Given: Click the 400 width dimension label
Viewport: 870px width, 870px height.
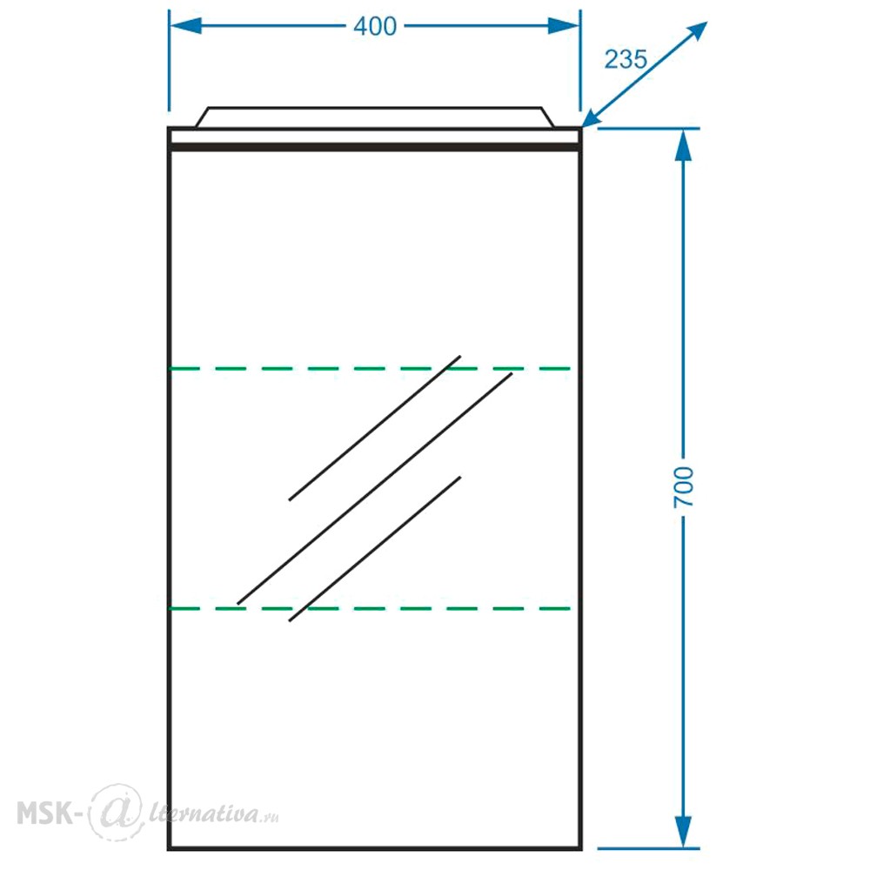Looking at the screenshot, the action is click(x=375, y=27).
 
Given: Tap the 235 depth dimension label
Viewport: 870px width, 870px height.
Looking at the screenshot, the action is click(x=626, y=59).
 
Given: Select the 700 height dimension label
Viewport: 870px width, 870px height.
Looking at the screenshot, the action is click(x=684, y=486).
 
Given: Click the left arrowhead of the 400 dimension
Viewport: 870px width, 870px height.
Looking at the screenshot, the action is click(x=185, y=25).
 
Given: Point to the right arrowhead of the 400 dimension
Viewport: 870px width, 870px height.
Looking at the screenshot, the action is click(x=564, y=25).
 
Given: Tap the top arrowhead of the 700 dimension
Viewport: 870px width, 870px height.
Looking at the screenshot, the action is click(x=683, y=145).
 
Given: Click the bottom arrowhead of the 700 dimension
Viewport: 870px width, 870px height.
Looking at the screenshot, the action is click(x=683, y=831).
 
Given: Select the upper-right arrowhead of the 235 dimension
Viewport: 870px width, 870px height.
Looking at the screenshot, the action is click(x=696, y=31).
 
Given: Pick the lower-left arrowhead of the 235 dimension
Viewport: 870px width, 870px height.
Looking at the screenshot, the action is click(x=593, y=117).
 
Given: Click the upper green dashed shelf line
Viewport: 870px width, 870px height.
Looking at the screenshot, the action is click(x=370, y=368).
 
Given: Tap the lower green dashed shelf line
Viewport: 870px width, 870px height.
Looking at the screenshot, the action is click(x=370, y=609).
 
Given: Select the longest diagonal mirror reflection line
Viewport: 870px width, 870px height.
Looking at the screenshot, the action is click(x=374, y=489).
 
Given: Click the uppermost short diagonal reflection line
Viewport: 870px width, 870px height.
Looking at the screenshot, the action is click(x=374, y=428).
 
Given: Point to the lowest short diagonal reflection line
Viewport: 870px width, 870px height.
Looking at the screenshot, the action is click(x=374, y=549).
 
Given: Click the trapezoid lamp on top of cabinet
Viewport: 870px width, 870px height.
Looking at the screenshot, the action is click(x=374, y=117).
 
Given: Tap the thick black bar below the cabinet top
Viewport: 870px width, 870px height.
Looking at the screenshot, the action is click(x=375, y=147).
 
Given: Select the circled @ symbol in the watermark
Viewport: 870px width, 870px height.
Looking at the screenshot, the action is click(x=116, y=813).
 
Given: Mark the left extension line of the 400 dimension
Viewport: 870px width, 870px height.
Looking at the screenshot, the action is click(x=170, y=60).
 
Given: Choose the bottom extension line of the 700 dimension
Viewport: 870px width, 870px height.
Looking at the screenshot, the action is click(x=649, y=848).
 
